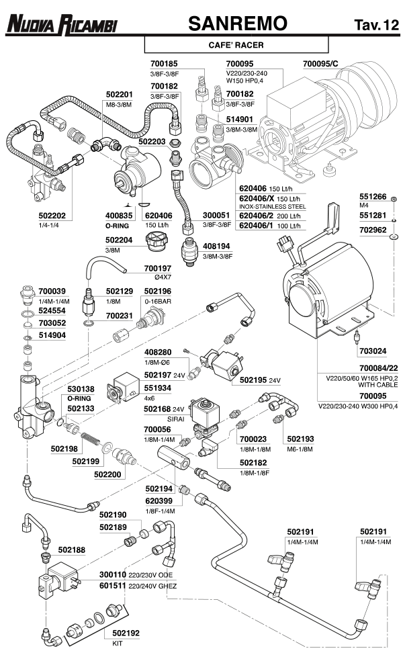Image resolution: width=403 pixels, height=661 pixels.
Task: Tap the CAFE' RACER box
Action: coord(236,46)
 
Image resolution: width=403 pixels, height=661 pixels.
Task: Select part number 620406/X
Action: coord(258,199)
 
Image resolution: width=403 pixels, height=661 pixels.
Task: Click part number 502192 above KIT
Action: coord(126,632)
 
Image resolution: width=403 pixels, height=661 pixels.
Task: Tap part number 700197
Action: coord(159,268)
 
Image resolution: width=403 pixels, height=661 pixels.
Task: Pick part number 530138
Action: coord(81,389)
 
